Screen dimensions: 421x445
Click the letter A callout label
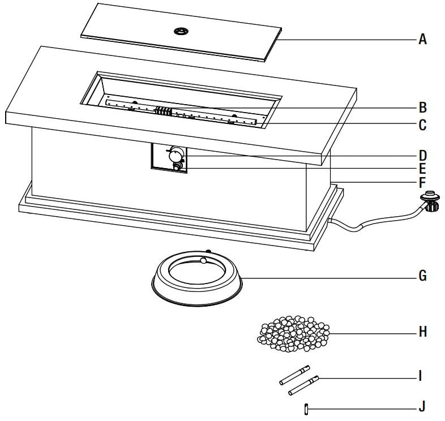click(x=422, y=40)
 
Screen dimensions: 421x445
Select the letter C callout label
click(x=422, y=125)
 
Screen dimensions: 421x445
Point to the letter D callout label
click(x=422, y=155)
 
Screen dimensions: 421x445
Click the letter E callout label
click(x=422, y=169)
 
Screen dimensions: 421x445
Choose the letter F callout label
click(x=422, y=183)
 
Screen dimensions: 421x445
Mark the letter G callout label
click(x=422, y=277)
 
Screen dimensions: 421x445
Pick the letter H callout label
click(x=422, y=332)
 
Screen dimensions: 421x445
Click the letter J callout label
click(x=421, y=406)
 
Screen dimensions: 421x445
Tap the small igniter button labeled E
click(x=178, y=167)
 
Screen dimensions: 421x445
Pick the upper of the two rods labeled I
click(x=294, y=375)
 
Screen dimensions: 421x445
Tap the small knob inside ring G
click(x=203, y=260)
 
